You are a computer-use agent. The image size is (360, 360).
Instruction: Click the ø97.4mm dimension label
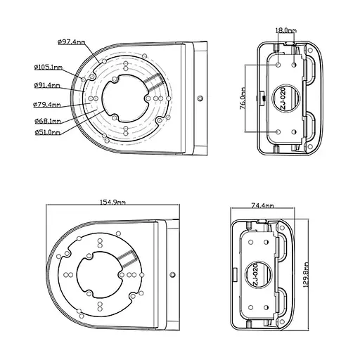(x=72, y=42)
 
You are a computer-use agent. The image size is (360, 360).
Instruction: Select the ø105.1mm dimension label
(x=49, y=67)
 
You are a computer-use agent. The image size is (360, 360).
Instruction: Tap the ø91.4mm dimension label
(x=47, y=85)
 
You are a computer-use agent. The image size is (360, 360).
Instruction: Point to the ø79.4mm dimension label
(x=47, y=105)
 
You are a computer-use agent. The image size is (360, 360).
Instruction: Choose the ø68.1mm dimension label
(x=48, y=121)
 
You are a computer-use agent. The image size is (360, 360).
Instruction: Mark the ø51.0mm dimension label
(x=48, y=132)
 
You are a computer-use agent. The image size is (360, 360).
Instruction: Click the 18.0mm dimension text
(x=285, y=30)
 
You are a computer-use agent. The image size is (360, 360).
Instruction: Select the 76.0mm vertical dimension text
(x=243, y=98)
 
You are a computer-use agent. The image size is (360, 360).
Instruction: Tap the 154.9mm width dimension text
(x=112, y=202)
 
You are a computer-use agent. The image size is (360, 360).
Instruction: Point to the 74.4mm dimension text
(x=262, y=206)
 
